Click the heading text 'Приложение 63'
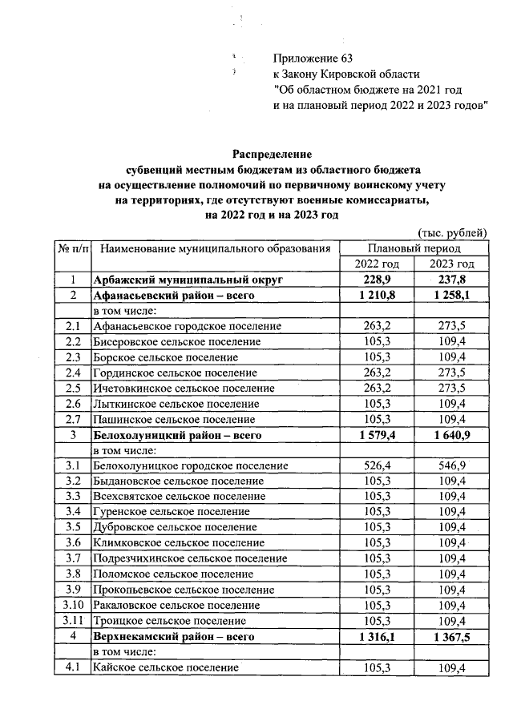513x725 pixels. coord(313,58)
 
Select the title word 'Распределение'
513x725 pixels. coord(272,152)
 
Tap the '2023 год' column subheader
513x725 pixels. coord(452,264)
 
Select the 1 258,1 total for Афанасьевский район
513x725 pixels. coord(452,296)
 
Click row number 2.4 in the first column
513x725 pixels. coord(72,373)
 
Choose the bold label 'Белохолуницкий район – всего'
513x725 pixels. coord(178,435)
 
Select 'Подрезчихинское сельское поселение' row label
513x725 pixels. coord(190,558)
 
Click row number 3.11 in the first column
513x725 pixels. coord(72,620)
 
